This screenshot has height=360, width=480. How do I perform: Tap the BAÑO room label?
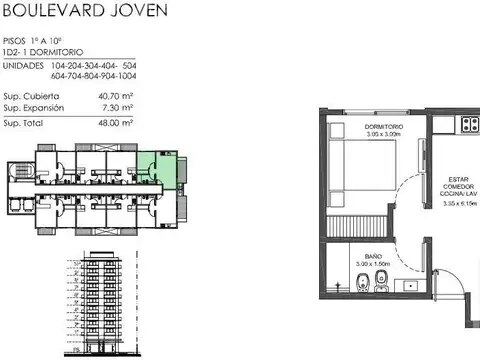point(372,257)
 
